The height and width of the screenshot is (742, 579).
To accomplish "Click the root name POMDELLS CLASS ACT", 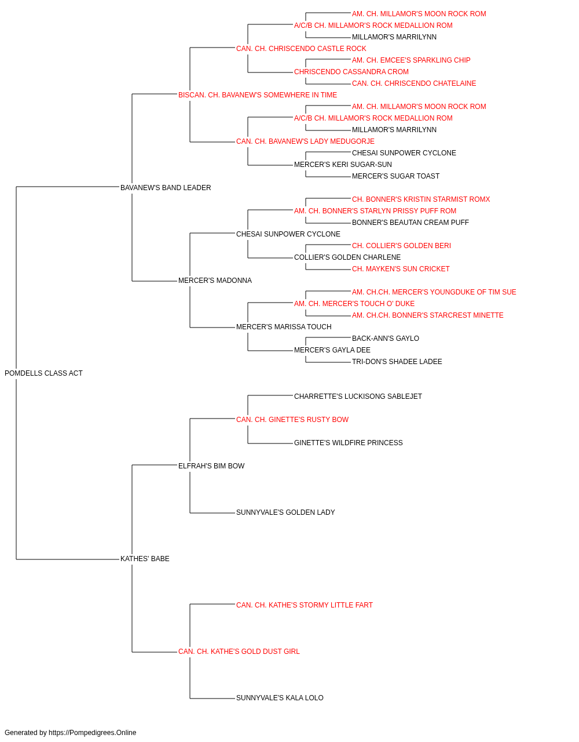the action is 43,373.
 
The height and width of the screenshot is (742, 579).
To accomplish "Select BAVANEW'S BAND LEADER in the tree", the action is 166,188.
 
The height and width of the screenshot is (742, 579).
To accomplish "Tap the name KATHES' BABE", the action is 145,559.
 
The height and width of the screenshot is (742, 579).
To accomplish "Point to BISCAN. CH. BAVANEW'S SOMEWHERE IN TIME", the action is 258,95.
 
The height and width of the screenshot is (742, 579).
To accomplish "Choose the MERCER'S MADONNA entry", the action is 215,281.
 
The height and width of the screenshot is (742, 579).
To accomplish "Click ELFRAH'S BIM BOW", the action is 211,466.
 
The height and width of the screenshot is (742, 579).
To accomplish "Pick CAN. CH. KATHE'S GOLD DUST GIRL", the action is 239,652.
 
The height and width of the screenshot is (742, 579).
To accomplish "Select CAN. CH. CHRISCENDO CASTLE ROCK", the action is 301,49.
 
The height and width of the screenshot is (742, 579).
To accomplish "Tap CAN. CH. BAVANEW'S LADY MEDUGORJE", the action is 305,141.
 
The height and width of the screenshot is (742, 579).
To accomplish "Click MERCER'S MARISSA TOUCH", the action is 284,327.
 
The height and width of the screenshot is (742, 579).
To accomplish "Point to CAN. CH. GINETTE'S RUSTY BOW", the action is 292,420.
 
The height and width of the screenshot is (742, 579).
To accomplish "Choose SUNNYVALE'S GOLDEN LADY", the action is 285,512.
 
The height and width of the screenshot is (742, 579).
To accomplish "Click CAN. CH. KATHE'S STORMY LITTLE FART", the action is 305,605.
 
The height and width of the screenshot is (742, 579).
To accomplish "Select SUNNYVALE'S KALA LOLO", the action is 280,698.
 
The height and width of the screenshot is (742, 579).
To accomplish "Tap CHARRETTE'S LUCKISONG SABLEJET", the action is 358,397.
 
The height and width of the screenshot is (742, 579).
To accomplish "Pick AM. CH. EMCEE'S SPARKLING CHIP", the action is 411,60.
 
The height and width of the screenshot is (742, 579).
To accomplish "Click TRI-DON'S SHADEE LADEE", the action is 397,362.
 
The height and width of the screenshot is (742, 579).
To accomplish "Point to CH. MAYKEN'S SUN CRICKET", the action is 401,269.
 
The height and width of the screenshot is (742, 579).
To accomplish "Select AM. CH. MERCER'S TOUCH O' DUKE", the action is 354,304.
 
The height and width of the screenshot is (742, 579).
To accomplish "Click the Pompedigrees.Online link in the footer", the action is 93,733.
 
